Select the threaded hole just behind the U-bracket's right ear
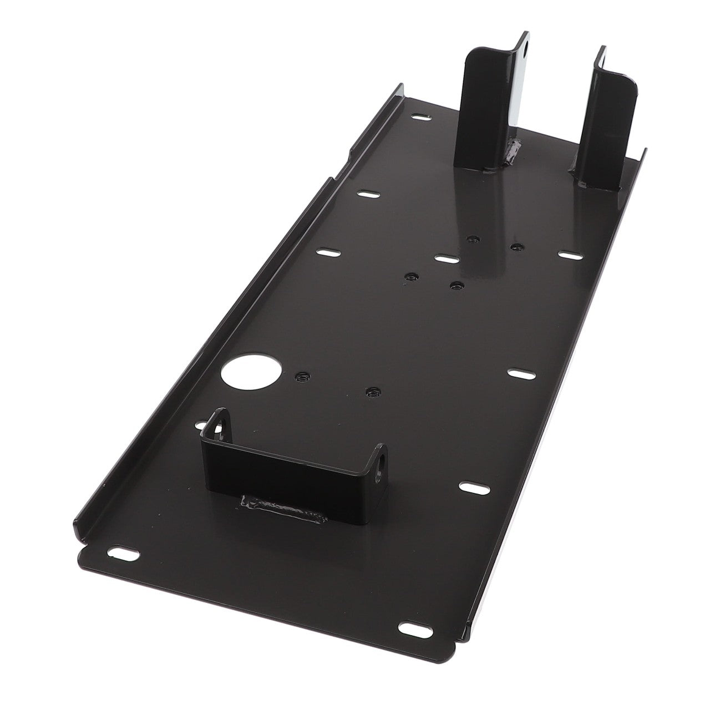pos(371,392)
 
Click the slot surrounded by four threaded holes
pos(447,258)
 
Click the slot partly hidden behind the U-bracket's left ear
pos(201,425)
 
